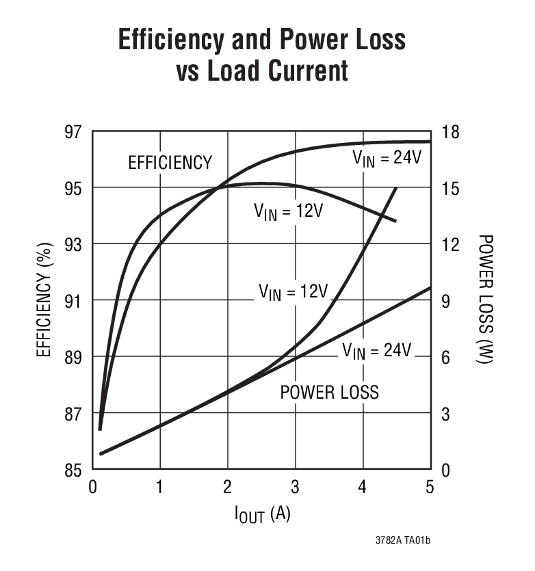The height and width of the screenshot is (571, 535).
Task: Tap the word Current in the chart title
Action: tap(305, 71)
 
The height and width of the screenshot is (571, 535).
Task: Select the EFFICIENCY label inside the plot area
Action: tap(170, 163)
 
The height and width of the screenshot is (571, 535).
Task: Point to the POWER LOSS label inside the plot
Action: tap(330, 393)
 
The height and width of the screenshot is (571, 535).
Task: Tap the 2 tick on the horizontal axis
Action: tap(227, 487)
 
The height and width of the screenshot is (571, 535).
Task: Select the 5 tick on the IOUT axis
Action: tap(430, 487)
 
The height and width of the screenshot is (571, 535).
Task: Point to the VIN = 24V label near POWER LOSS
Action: tap(377, 351)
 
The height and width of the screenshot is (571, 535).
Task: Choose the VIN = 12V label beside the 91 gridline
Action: tap(294, 292)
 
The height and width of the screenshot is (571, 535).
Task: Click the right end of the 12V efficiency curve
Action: tap(395, 221)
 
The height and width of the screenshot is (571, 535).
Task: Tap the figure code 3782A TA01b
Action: tap(402, 540)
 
